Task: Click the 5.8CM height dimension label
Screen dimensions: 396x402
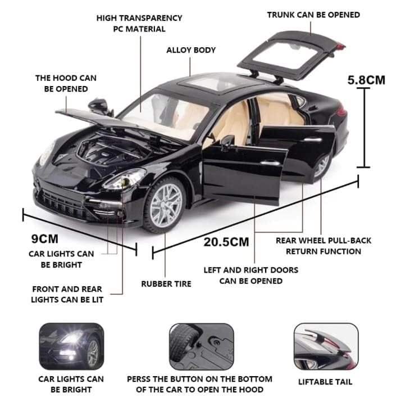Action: [x=366, y=80]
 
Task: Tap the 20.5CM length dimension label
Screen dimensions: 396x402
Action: [x=226, y=242]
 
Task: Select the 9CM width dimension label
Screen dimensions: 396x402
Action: [x=45, y=239]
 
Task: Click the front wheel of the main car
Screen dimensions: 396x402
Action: [x=166, y=205]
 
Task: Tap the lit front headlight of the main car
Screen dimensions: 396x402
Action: [x=125, y=179]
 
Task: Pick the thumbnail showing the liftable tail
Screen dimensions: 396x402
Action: [x=326, y=346]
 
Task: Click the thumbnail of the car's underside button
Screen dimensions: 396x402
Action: [x=202, y=346]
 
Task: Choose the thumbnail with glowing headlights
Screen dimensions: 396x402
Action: [x=71, y=346]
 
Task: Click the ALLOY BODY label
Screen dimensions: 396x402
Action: [x=191, y=50]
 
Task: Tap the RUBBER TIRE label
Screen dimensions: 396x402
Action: [x=166, y=284]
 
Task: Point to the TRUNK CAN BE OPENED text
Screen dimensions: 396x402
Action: [x=313, y=15]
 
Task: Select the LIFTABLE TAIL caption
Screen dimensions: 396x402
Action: [x=325, y=382]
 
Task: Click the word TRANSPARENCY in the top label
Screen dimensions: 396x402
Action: [x=151, y=18]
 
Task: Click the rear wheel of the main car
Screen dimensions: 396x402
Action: [x=322, y=165]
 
